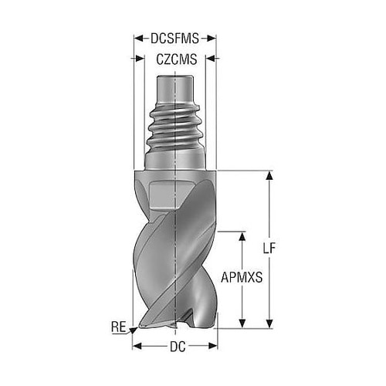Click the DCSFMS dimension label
pyautogui.click(x=174, y=39)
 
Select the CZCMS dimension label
pyautogui.click(x=177, y=59)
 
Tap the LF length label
pyautogui.click(x=269, y=249)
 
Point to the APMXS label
pyautogui.click(x=242, y=278)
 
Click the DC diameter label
pyautogui.click(x=178, y=347)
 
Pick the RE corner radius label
pyautogui.click(x=119, y=327)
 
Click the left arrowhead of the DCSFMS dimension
pyautogui.click(x=138, y=39)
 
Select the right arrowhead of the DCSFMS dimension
pyautogui.click(x=212, y=39)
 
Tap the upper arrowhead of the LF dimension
pyautogui.click(x=269, y=175)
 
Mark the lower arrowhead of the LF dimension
pyautogui.click(x=269, y=323)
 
